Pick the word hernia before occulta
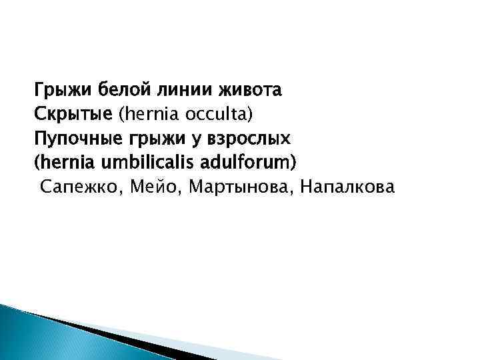pyautogui.click(x=145, y=113)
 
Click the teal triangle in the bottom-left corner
pyautogui.click(x=27, y=337)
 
